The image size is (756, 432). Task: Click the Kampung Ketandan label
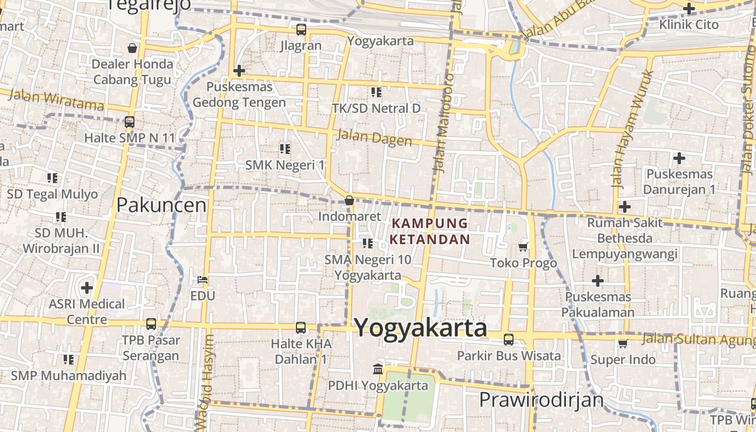click(430, 231)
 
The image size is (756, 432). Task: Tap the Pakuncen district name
click(161, 205)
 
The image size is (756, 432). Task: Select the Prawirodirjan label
click(541, 400)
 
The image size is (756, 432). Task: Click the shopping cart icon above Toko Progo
click(523, 247)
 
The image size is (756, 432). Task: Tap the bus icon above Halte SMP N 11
click(130, 122)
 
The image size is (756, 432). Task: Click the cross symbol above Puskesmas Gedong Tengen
click(239, 71)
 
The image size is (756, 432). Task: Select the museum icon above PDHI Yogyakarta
click(378, 369)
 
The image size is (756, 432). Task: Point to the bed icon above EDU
click(202, 280)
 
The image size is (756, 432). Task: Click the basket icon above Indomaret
click(349, 200)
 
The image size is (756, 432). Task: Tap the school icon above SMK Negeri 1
click(285, 148)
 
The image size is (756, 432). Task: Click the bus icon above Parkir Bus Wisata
click(509, 340)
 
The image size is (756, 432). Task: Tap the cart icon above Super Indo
click(623, 343)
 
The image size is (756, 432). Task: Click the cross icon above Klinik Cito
click(688, 9)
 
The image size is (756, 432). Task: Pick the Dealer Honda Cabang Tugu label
click(132, 72)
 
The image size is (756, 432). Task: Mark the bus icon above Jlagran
click(301, 30)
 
